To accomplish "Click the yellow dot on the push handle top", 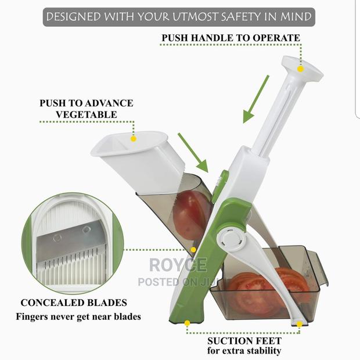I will point(301,68).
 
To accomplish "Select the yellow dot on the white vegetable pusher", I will point(134,139).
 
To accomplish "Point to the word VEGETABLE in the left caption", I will point(87,114).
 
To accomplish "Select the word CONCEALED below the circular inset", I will point(52,303).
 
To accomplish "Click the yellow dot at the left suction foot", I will point(187,323).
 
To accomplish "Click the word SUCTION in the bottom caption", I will point(230,341).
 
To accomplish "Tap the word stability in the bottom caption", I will point(262,351).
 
